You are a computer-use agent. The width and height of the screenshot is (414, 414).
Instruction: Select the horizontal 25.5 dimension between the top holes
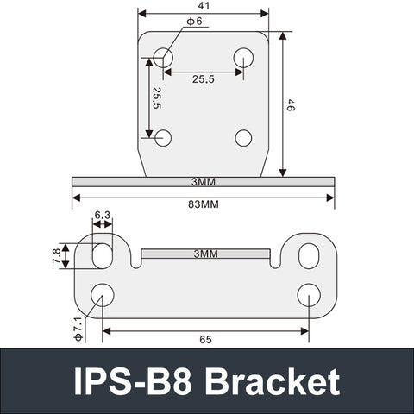(204, 78)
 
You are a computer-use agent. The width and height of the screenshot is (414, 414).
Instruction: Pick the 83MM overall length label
(204, 205)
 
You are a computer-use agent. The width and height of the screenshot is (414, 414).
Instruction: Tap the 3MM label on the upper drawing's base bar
(204, 182)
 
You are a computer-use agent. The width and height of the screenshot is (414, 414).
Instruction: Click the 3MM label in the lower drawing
(205, 254)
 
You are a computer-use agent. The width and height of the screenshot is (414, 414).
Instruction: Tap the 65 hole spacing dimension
(205, 340)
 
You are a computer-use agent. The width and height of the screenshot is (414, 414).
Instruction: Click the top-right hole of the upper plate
(243, 58)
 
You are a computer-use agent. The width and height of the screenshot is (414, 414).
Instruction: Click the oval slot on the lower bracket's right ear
(309, 255)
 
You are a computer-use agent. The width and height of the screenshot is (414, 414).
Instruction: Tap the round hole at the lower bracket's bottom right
(309, 294)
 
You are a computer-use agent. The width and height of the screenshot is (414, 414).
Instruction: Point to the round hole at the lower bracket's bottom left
(102, 294)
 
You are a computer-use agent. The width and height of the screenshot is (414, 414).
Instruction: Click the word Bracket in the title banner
(273, 381)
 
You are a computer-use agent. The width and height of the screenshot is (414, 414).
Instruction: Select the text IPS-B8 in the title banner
(135, 381)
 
